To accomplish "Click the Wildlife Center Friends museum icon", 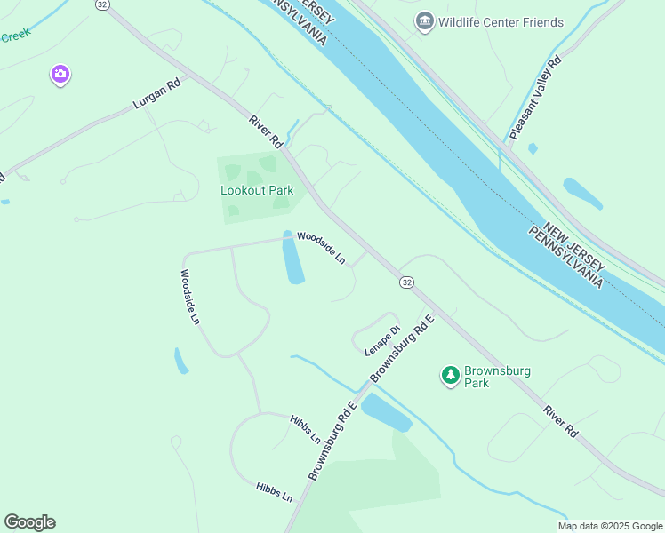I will pos(425,20).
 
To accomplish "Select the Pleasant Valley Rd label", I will pos(535,99).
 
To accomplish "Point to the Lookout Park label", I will pos(257,190).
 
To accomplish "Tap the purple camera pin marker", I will pos(60,75).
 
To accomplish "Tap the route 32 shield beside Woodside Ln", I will pos(406,282).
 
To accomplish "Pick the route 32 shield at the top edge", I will pos(103,4).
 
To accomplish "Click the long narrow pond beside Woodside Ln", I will pos(292,259).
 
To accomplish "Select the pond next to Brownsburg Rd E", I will pos(386,412).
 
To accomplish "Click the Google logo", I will pos(29,521).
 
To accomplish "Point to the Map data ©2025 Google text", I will pos(609,526).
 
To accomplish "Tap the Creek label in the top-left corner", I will pos(15,36).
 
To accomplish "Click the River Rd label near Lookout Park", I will pos(266,131).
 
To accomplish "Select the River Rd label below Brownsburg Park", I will pos(561,421).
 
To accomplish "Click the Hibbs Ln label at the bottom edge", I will pos(274,491).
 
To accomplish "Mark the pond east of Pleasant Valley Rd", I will pos(582,193).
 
